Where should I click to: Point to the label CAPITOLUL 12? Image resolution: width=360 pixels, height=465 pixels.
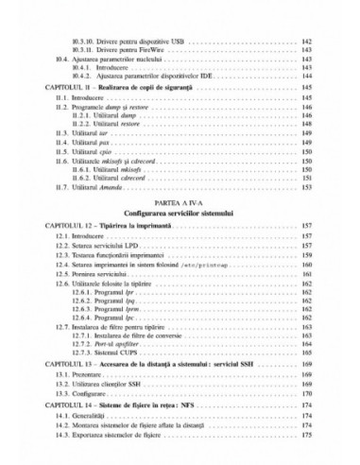pos(65,227)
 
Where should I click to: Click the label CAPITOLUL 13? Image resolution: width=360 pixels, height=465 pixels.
pos(65,363)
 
